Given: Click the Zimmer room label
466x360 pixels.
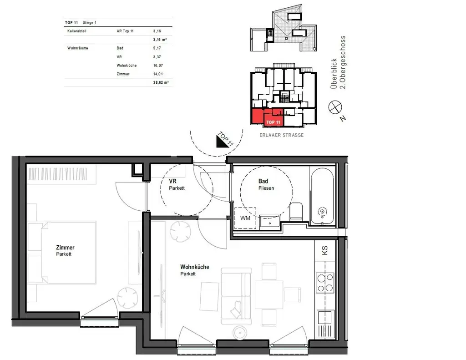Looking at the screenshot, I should [65, 248].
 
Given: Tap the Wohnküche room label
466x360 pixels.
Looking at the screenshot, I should [194, 267].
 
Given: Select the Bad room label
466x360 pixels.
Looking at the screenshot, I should [263, 181].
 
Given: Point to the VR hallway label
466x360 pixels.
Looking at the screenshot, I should [172, 181].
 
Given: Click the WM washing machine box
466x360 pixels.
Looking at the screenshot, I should [245, 218].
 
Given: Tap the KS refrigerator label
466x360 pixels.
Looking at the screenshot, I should [324, 250].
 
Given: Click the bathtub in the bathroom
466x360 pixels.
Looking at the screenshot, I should [323, 196].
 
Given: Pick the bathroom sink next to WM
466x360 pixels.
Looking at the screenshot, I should [270, 222].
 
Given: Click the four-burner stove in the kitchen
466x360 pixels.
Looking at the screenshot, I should [325, 282].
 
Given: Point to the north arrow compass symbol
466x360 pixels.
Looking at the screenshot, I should [335, 108].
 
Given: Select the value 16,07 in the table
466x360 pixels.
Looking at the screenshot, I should [158, 65].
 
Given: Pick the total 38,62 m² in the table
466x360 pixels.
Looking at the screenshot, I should [160, 83].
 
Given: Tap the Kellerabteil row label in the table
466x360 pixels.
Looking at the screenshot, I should [76, 31].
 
